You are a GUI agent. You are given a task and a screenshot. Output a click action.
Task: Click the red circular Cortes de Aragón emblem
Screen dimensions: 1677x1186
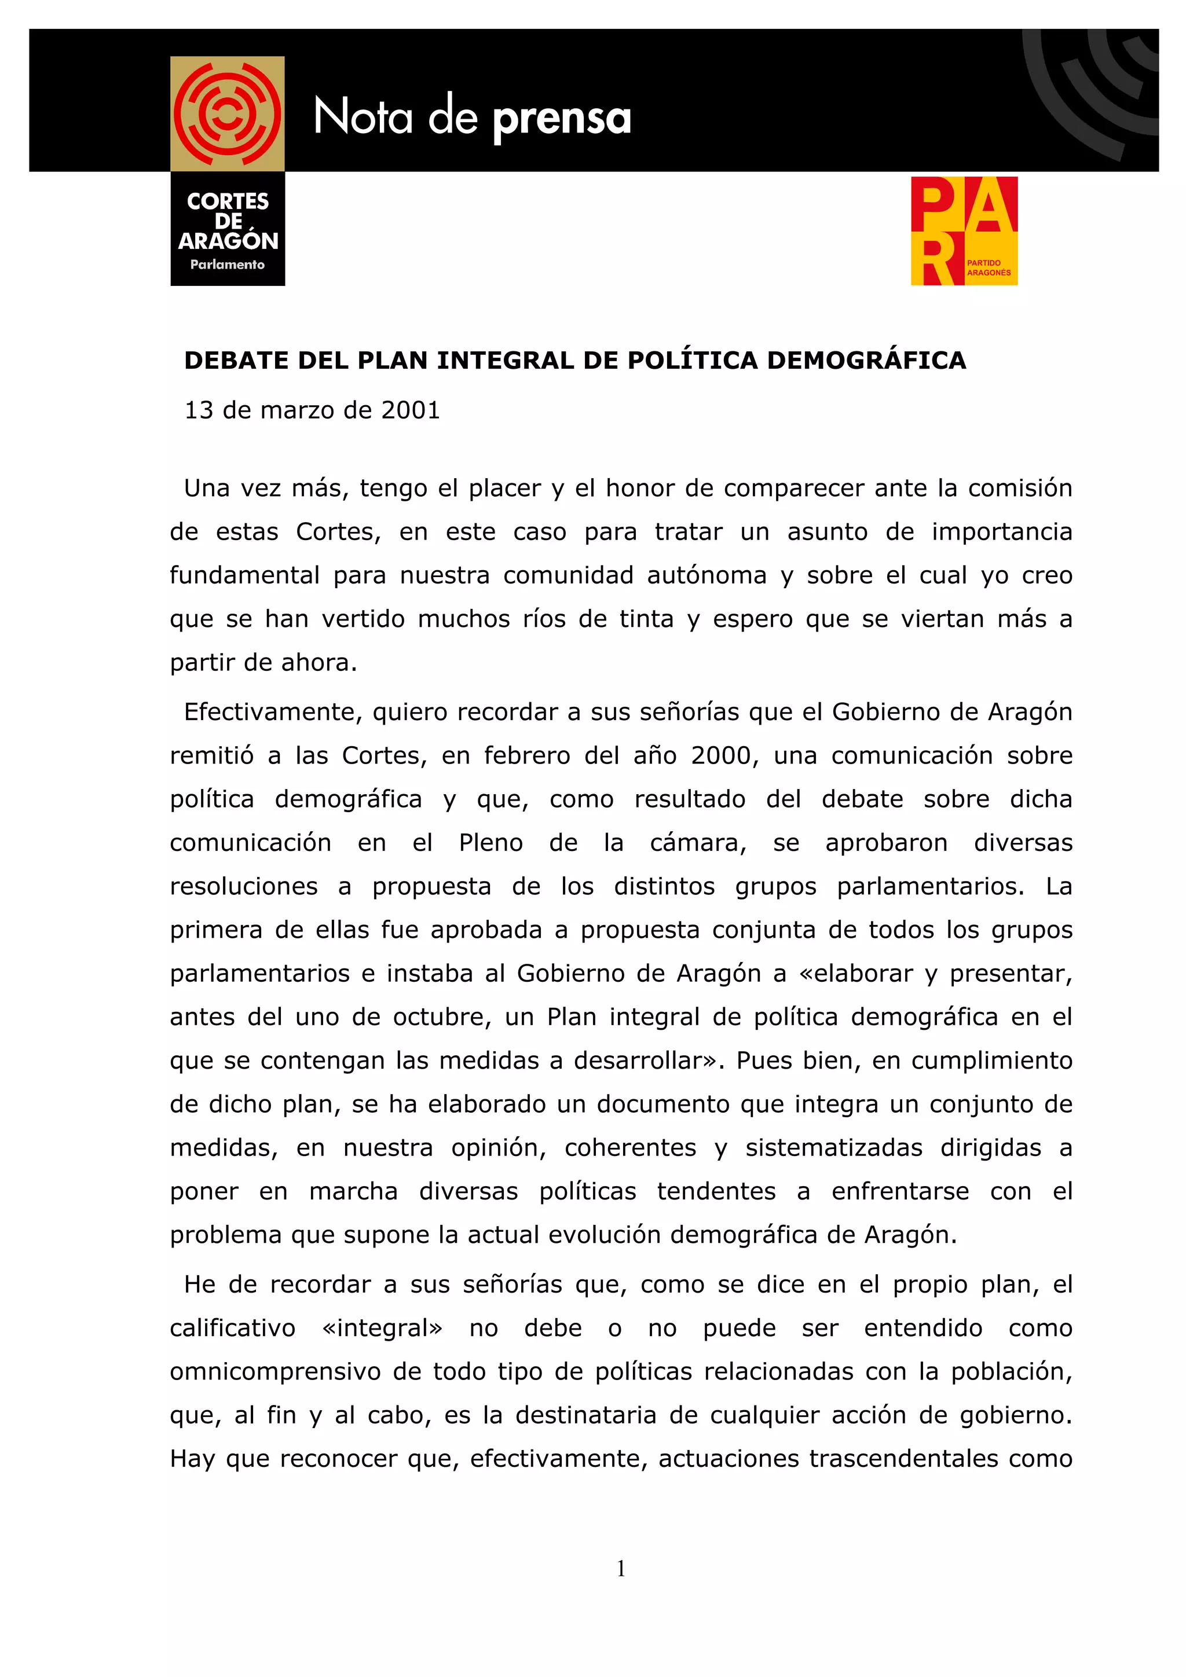point(227,114)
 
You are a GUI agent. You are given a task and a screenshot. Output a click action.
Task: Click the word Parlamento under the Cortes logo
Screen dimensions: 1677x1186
point(227,265)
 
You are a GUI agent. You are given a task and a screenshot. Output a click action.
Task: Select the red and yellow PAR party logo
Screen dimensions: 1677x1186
point(963,231)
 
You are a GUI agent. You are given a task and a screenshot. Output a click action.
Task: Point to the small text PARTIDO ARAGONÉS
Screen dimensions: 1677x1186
point(989,267)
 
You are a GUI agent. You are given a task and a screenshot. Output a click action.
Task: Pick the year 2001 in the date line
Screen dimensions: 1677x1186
point(411,410)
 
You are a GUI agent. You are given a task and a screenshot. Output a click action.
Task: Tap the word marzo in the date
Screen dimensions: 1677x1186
point(298,410)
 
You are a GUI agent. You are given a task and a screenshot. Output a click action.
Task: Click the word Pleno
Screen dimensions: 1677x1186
point(490,843)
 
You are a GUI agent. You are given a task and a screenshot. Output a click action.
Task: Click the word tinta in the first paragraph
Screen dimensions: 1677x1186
point(646,619)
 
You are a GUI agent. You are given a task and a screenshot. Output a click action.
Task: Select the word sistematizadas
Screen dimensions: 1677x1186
point(834,1147)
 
